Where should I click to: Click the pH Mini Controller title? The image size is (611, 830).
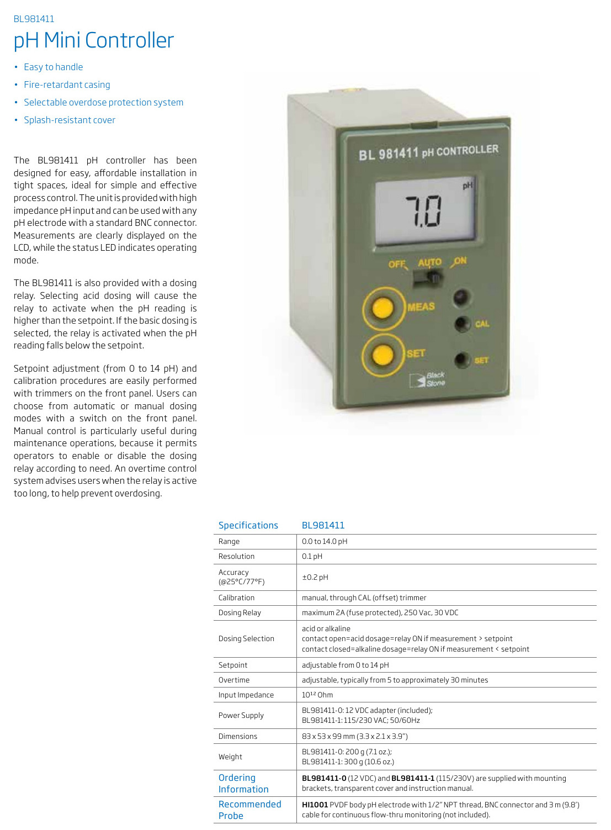point(94,40)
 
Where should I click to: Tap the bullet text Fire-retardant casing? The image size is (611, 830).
point(67,84)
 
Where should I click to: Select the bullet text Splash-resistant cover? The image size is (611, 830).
point(70,120)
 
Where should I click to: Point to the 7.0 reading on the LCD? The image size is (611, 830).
point(423,211)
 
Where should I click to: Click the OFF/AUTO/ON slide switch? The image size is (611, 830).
point(429,277)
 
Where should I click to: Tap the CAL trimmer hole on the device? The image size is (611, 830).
point(462,324)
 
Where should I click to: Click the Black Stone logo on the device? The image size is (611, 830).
point(427,379)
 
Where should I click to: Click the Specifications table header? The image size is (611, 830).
point(248,525)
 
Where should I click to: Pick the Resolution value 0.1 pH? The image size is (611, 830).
point(312,556)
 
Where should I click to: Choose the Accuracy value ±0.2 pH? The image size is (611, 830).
point(315,577)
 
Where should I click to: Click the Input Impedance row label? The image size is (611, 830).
point(246,695)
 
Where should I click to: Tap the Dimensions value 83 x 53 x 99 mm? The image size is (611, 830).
point(354,736)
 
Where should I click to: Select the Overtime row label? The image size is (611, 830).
point(234,680)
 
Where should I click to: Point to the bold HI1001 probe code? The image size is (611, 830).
point(315,805)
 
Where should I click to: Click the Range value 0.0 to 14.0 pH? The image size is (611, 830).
point(325,541)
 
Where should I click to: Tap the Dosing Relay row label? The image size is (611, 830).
point(240,612)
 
